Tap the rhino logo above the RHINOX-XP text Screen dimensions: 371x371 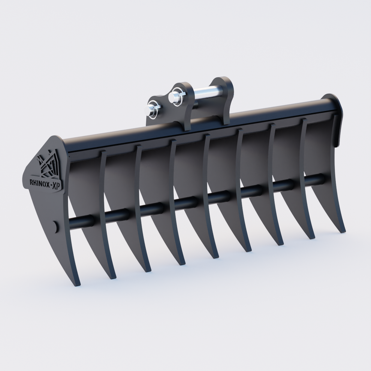48,163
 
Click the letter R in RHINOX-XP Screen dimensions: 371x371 31,183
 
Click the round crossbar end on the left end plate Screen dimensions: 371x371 55,227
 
